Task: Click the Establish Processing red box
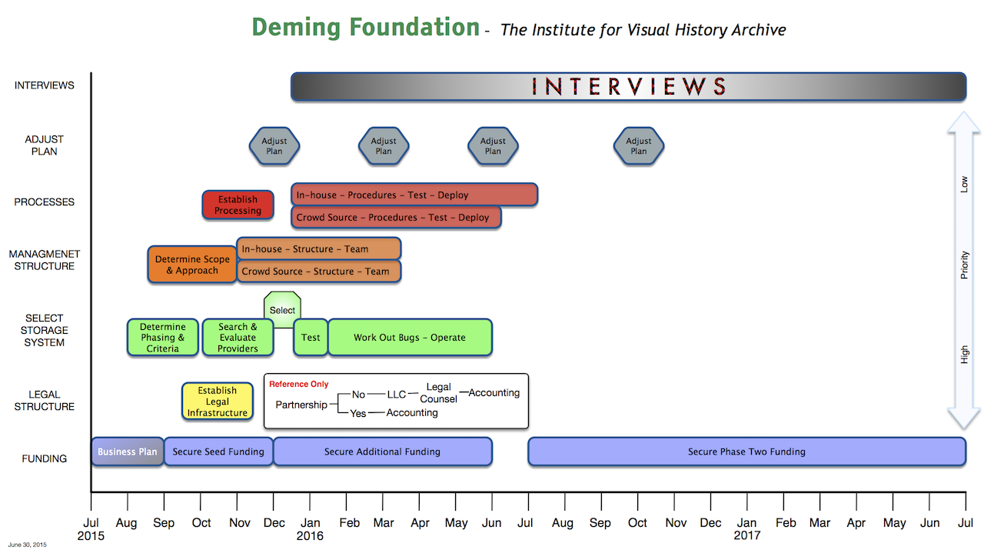(238, 205)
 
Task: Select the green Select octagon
(282, 309)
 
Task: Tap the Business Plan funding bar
(128, 452)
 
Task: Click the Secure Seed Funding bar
(218, 452)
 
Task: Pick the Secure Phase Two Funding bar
(746, 452)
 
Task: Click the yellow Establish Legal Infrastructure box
(218, 402)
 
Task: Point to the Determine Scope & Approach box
(192, 264)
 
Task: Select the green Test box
(311, 337)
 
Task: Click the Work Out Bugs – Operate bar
(410, 337)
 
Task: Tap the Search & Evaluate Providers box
(238, 337)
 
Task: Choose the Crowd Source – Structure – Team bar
(318, 272)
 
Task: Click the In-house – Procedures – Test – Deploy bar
(414, 195)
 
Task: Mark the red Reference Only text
(299, 384)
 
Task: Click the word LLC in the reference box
(396, 395)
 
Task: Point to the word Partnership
(301, 405)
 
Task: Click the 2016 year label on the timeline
(310, 536)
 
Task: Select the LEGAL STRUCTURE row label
(44, 401)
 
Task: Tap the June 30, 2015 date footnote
(27, 545)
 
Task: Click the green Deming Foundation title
(365, 27)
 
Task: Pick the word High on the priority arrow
(964, 355)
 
